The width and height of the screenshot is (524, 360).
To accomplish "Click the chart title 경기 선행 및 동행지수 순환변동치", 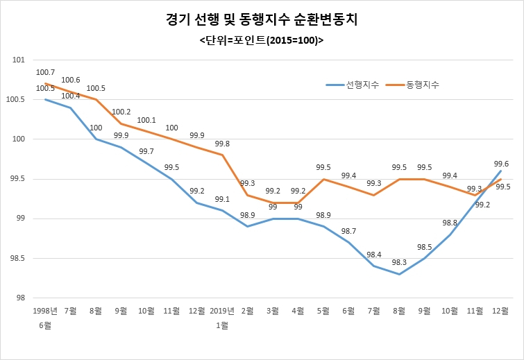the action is tap(262, 19).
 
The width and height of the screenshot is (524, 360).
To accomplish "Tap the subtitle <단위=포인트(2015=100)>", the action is tap(262, 40).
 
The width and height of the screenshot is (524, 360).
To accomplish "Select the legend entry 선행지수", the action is tap(353, 85).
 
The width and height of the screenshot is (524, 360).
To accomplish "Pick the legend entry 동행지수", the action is tap(412, 85).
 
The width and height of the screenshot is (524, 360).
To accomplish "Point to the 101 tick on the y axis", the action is tap(19, 60).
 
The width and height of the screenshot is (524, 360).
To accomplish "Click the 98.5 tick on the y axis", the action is tap(17, 259).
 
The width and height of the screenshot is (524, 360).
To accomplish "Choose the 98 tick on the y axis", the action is tap(21, 298).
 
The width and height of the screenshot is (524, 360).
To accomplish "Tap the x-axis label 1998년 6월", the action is tap(45, 318).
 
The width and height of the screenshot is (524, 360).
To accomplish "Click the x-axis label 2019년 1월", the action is tap(222, 318).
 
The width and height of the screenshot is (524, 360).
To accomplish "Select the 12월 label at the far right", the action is tap(500, 311).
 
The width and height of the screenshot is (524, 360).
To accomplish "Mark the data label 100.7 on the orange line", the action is tap(45, 72).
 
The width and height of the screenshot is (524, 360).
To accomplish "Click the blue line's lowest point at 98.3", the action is tap(399, 274).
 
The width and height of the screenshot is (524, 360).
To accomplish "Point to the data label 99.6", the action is tap(501, 164).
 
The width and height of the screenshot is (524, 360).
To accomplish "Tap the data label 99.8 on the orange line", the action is tap(222, 144).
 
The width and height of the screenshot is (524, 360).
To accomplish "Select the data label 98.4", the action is tap(374, 255).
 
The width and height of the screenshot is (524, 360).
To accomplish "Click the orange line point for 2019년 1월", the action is tap(222, 155).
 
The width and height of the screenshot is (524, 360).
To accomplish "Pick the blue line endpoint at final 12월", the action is tap(500, 171).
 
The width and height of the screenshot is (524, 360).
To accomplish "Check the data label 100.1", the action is tap(146, 120).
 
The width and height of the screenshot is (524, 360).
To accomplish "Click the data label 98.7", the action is tap(348, 231).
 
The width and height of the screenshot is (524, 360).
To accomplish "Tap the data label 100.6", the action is tap(71, 80).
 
